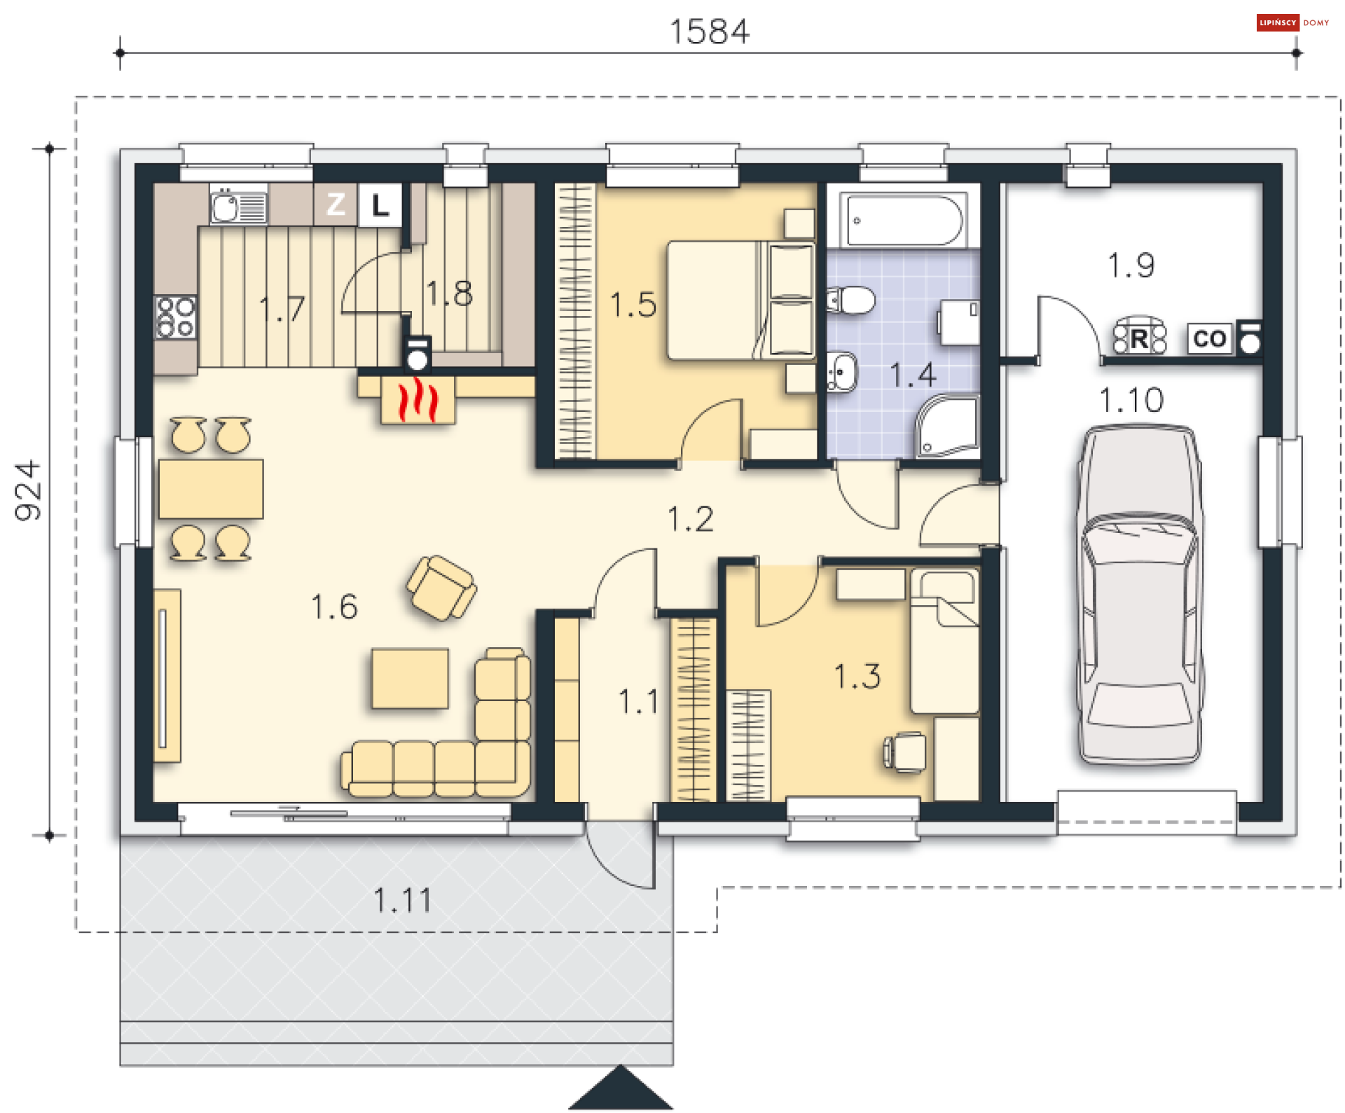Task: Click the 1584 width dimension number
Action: point(709,32)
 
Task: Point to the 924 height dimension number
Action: point(29,490)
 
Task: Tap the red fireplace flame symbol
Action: point(418,400)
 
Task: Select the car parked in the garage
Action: point(1140,595)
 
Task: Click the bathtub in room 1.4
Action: point(904,220)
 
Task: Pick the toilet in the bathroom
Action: point(850,300)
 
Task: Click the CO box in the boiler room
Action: point(1210,339)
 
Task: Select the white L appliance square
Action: point(380,205)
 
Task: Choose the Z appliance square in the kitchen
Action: point(336,205)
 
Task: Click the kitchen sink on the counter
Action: point(238,206)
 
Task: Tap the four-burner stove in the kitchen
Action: point(176,317)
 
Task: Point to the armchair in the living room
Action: point(441,588)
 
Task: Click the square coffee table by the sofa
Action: point(411,679)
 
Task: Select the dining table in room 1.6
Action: point(211,489)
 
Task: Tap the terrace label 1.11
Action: point(402,901)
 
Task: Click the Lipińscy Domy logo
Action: point(1292,23)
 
